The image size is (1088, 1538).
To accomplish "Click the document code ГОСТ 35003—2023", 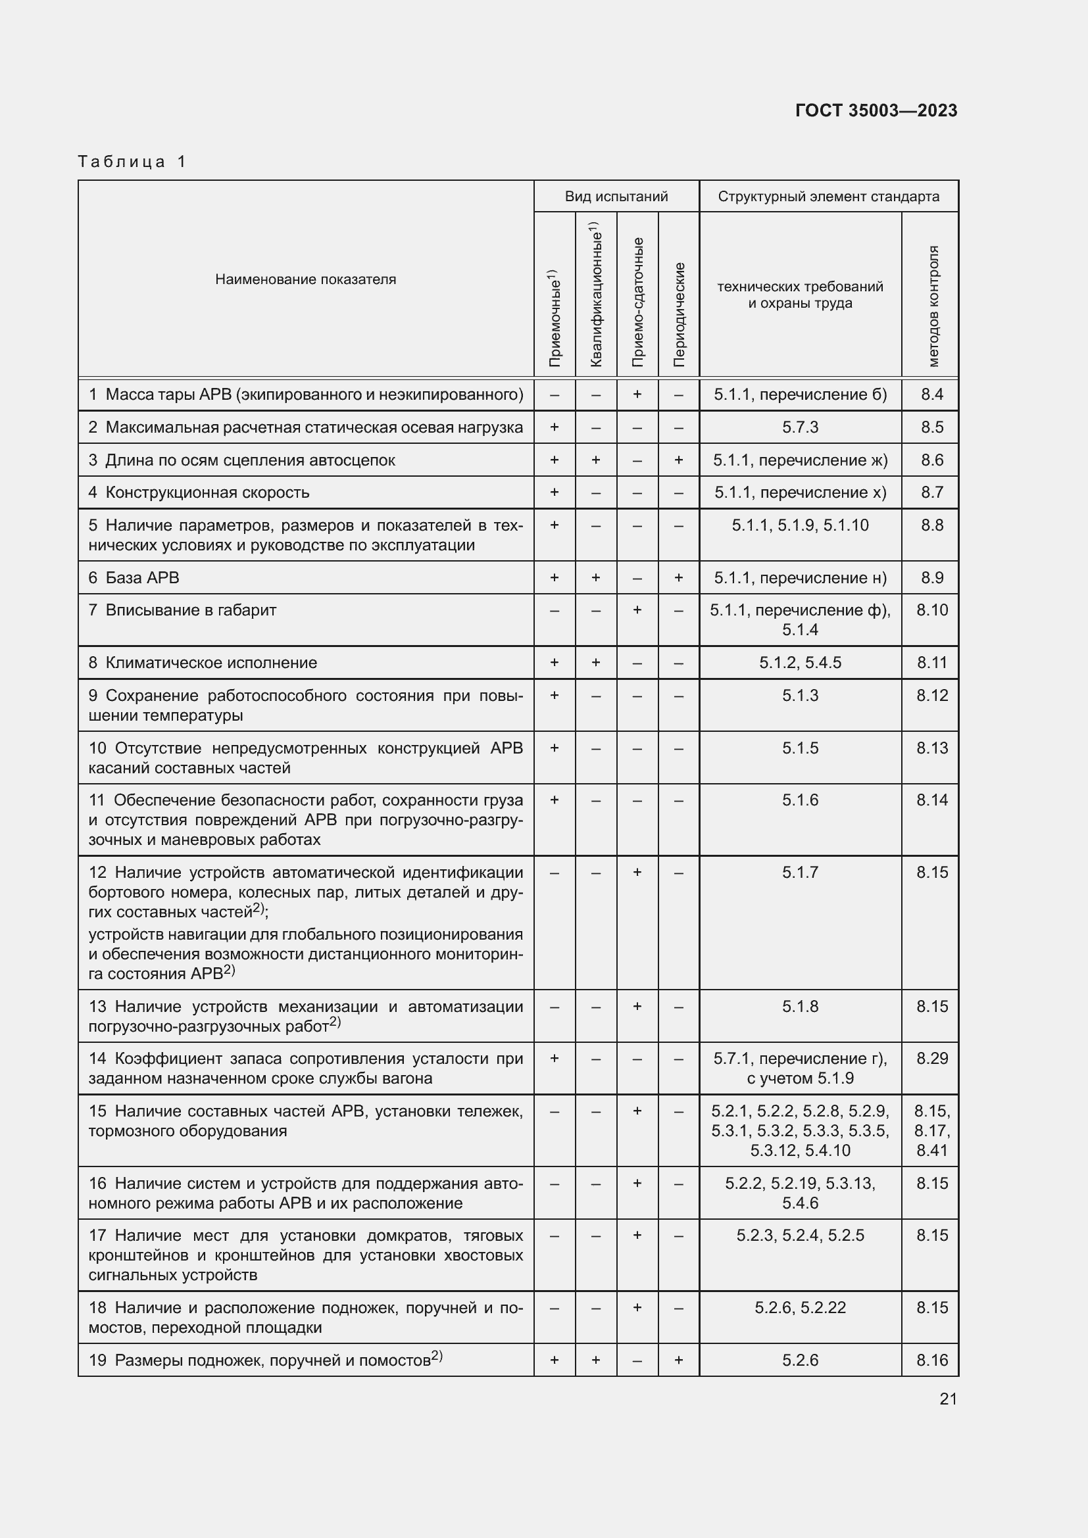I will coord(876,110).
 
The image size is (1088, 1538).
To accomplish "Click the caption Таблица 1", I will coord(132,162).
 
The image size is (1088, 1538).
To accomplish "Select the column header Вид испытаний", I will coord(616,196).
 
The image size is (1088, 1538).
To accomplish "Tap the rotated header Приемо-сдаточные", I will coord(637,301).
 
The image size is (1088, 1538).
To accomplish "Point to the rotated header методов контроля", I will coord(933,306).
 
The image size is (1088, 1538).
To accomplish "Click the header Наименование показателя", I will coord(305,279).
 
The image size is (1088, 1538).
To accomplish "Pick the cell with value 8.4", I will coord(931,395).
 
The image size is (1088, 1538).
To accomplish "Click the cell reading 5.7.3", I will coord(800,427).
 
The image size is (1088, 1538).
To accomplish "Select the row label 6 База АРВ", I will coord(134,577).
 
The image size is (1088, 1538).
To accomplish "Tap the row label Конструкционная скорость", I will coord(207,493).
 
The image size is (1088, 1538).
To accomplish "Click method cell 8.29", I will coord(932,1059).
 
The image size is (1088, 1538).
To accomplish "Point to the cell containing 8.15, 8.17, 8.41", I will coord(932,1131).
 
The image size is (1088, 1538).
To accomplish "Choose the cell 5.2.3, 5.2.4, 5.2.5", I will coord(800,1236).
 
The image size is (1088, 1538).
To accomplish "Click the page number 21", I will coord(948,1399).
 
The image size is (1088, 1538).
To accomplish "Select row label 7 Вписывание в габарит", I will coord(182,610).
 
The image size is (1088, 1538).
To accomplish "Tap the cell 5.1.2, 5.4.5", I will coord(800,663).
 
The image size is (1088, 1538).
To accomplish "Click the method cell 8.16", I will coord(932,1360).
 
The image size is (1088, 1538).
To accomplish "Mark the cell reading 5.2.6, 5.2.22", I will coord(800,1308).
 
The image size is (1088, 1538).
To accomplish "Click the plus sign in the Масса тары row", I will coord(637,395).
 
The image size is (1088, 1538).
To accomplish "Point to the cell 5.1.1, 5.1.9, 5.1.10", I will coord(800,525).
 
